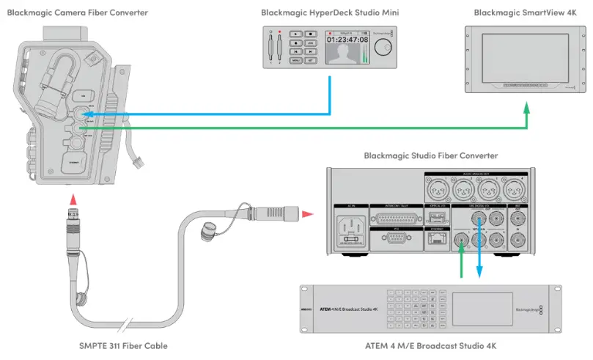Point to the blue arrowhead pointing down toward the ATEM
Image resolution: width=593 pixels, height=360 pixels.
coord(479,273)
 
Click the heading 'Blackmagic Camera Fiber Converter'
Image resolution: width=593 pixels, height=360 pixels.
coord(77,12)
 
